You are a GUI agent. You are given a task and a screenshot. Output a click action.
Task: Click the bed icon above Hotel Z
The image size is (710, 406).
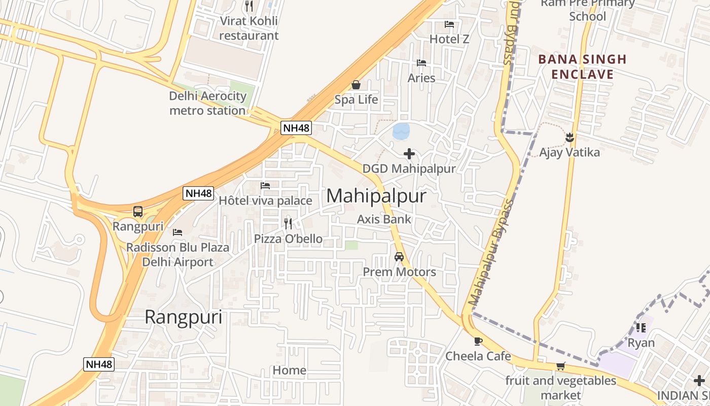click(x=449, y=24)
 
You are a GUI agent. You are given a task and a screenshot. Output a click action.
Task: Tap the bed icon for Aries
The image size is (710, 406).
click(x=421, y=63)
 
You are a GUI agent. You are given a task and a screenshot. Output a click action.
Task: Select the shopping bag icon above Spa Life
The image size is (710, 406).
click(x=356, y=85)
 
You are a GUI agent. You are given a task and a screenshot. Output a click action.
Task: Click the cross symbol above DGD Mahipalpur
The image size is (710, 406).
click(x=409, y=154)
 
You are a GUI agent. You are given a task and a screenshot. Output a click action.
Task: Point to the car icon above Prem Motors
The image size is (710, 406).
click(x=399, y=257)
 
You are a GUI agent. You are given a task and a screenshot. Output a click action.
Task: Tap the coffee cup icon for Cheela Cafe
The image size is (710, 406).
click(x=478, y=341)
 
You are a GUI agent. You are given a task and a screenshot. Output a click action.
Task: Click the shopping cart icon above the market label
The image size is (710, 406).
click(x=560, y=366)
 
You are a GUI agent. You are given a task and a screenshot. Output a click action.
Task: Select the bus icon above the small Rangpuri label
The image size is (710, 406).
click(x=138, y=212)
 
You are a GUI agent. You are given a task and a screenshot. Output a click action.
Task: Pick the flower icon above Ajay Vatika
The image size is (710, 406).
click(x=570, y=137)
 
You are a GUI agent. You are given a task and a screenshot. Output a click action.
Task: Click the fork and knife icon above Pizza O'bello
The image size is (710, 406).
click(x=288, y=223)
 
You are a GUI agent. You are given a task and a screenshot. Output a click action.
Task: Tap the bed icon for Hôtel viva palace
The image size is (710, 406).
click(x=265, y=186)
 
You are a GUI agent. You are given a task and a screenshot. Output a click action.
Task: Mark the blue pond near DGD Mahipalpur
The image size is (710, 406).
click(x=401, y=131)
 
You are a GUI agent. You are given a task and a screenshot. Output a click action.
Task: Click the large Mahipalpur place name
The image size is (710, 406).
click(x=376, y=196)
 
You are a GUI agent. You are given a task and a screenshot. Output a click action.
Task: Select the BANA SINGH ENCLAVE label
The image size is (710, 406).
click(x=582, y=67)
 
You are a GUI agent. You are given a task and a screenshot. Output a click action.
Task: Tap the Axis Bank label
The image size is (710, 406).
click(x=384, y=219)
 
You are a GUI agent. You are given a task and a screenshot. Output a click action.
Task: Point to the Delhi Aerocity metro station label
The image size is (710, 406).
click(x=207, y=103)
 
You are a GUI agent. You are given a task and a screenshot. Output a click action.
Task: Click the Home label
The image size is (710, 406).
click(x=290, y=370)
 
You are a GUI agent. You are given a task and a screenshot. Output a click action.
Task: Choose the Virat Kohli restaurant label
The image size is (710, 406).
click(x=248, y=28)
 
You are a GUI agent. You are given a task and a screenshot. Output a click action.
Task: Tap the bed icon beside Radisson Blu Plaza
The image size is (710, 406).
click(x=177, y=232)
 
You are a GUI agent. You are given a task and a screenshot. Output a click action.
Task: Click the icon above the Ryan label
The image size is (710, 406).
click(x=641, y=328)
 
